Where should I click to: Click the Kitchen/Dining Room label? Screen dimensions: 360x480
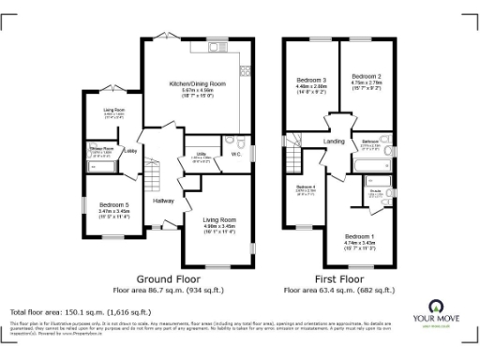click(197, 83)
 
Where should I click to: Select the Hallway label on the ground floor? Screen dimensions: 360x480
click(164, 201)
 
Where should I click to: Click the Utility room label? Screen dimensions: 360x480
click(201, 153)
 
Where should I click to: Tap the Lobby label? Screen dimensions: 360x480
click(131, 151)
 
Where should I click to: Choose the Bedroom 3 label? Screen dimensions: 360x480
click(309, 79)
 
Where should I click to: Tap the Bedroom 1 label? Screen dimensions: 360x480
click(358, 235)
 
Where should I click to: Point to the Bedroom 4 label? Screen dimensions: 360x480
click(306, 187)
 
